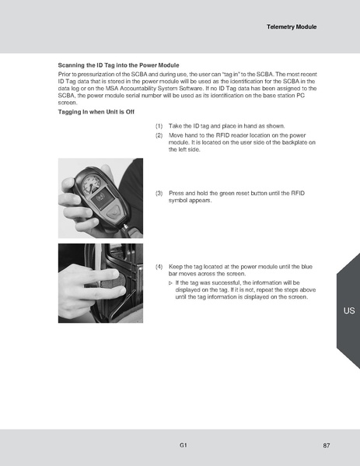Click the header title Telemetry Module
[292, 26]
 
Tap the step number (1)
[159, 126]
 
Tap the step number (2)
[159, 135]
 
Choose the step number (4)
[159, 266]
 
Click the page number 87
[327, 445]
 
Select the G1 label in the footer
[182, 445]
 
